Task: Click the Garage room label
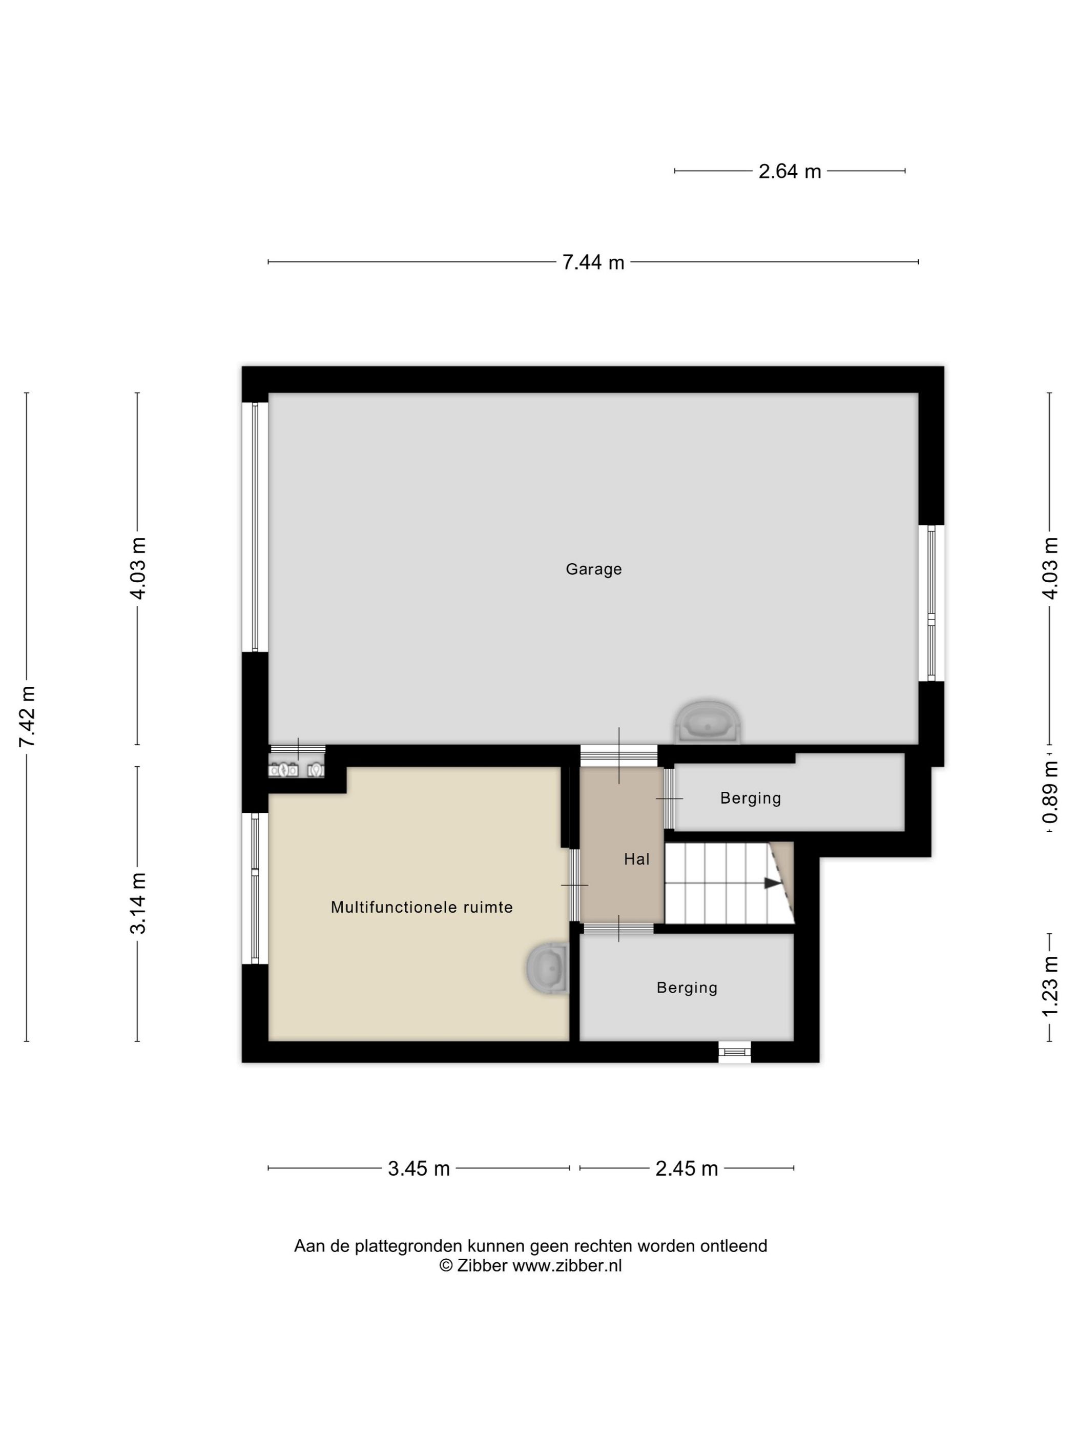593,569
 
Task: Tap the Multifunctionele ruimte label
422,907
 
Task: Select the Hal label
636,859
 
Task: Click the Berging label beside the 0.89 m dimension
751,798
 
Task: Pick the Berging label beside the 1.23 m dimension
687,988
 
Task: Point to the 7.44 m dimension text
593,262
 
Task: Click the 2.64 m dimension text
790,171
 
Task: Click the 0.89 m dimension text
1050,793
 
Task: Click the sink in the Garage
708,723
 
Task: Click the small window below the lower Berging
734,1052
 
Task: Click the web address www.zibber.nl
567,1266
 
